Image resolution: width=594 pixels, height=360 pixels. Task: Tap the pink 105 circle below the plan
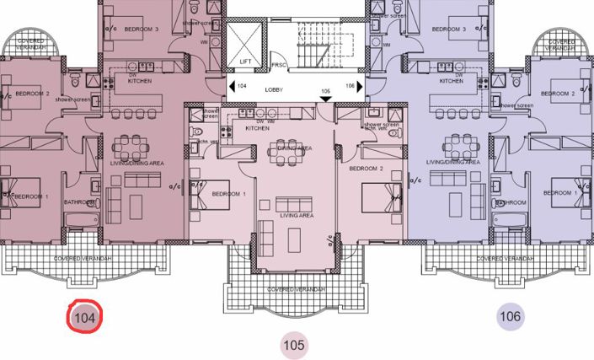coord(293,344)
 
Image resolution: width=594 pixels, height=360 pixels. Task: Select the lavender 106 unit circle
coord(511,317)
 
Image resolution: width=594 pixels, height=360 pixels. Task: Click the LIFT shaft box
coord(247,42)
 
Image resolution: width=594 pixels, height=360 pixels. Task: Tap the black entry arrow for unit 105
coord(326,99)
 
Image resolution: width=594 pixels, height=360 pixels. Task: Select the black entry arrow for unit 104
coord(231,86)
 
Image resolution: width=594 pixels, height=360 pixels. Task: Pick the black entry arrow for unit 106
coord(359,86)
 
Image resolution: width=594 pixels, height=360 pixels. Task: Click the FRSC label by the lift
coord(279,66)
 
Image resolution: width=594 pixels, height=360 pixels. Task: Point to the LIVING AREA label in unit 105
coord(294,216)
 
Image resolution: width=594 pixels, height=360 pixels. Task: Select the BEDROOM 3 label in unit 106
coord(448,30)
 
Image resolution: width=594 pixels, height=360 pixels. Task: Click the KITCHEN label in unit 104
coord(139,82)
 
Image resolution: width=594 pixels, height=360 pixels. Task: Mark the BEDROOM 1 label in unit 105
coord(228,194)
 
